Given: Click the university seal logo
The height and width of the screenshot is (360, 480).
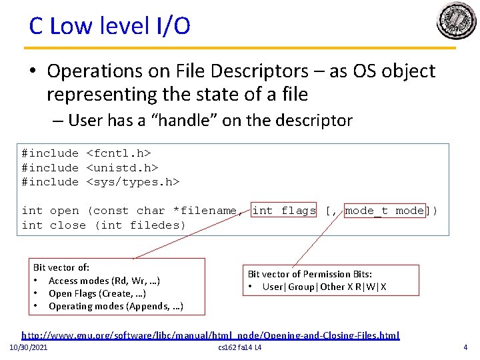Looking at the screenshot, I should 456,21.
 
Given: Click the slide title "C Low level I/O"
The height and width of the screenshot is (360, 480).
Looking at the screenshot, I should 109,26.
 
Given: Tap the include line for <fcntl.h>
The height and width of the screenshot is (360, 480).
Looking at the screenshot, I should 90,153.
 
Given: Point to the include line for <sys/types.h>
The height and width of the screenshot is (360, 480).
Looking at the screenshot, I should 101,181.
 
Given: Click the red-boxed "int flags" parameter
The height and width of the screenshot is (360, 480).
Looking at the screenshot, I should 284,211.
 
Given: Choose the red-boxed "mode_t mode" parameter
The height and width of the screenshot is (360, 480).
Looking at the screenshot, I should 385,211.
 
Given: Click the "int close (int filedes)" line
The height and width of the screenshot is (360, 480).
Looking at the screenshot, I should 103,225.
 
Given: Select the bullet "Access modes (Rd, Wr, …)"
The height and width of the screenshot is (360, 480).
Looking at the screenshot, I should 104,281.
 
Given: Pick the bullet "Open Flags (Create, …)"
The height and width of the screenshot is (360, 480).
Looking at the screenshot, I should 97,293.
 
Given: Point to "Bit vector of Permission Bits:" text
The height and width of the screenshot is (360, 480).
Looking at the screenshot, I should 309,274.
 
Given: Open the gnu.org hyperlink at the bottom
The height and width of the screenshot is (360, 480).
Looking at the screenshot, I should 211,335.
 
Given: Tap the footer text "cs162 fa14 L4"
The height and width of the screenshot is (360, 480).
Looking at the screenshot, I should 240,348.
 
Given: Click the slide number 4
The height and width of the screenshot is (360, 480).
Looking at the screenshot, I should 465,347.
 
